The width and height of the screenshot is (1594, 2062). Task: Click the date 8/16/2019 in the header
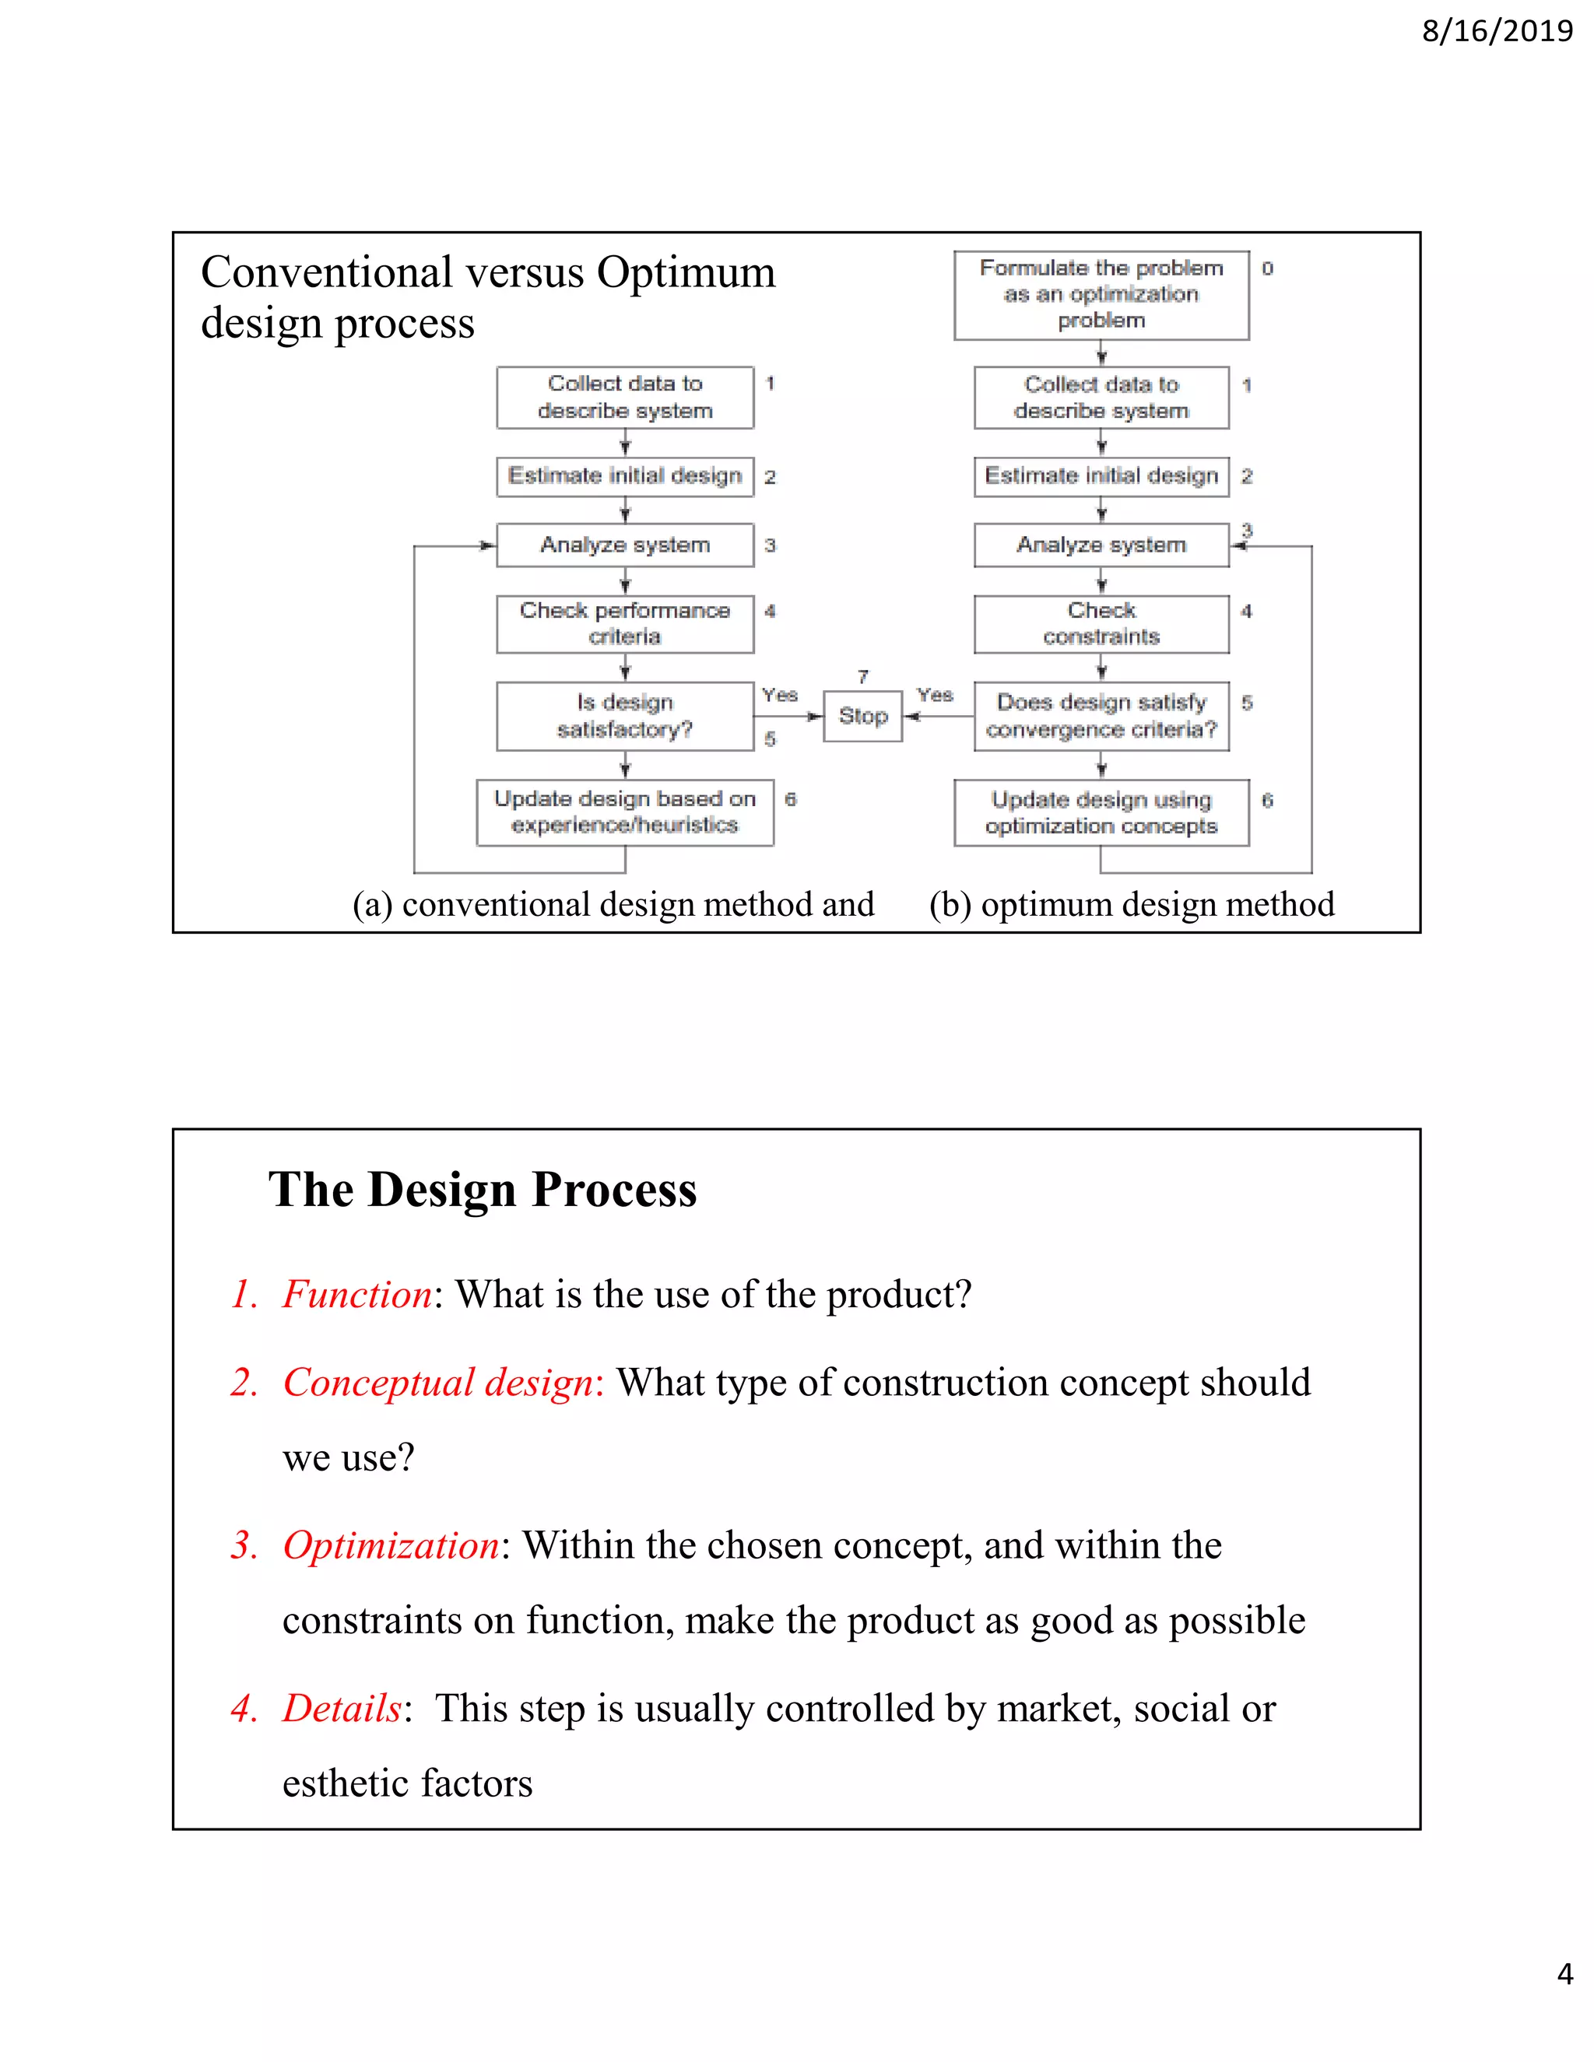click(x=1497, y=32)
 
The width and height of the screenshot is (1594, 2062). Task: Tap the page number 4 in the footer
click(x=1564, y=1974)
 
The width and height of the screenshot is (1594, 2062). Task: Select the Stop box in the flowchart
click(x=862, y=717)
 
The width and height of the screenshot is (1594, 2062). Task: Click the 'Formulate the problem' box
click(x=1101, y=295)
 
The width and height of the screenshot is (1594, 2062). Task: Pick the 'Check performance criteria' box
click(x=625, y=624)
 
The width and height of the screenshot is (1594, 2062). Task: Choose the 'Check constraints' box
click(x=1101, y=624)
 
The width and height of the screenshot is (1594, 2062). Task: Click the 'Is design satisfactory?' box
click(x=625, y=717)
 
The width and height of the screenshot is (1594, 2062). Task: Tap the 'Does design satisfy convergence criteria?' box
click(x=1101, y=717)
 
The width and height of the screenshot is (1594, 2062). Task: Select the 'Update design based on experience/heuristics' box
click(x=625, y=812)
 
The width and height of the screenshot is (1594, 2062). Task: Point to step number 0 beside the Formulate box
click(x=1267, y=269)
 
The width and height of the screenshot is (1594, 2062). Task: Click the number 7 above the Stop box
click(x=862, y=677)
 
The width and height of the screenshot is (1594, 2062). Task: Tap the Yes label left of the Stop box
click(x=780, y=696)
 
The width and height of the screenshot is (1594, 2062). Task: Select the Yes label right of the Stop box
click(x=935, y=696)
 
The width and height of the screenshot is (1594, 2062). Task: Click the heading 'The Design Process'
click(x=483, y=1190)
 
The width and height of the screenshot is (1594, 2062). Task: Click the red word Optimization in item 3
click(x=391, y=1545)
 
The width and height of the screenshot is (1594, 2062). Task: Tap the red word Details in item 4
click(x=342, y=1709)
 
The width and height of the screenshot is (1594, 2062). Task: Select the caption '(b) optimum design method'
click(x=1131, y=904)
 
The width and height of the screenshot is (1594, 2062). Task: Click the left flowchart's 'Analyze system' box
click(x=625, y=545)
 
